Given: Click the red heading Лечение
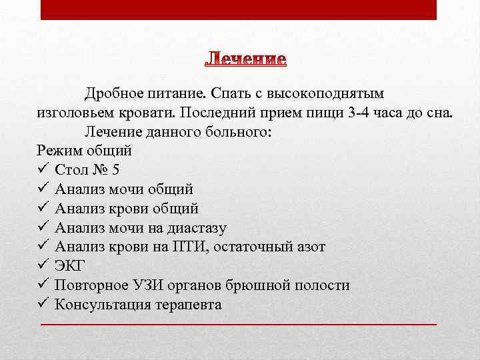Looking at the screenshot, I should click(245, 60).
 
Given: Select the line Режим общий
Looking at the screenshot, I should click(84, 151).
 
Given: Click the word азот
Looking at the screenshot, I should click(309, 247).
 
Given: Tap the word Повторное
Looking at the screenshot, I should click(87, 286).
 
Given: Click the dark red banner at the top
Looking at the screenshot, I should click(239, 9).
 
